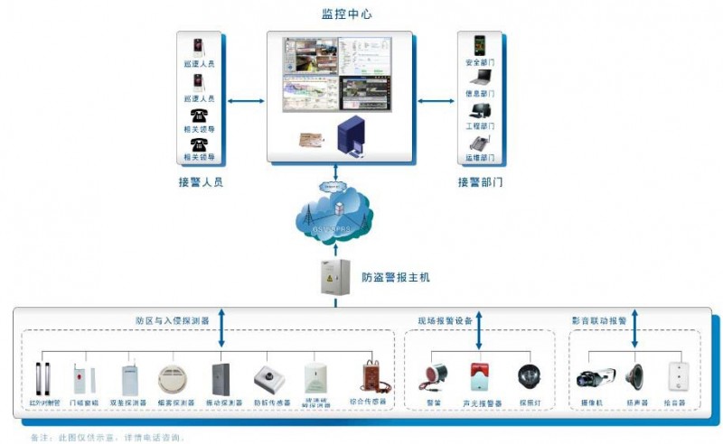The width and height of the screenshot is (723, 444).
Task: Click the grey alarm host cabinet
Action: click(x=334, y=277)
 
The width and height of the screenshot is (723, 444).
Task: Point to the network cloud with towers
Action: click(x=335, y=217)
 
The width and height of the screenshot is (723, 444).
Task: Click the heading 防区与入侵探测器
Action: click(x=173, y=320)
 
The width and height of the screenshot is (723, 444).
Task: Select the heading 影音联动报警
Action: click(x=598, y=320)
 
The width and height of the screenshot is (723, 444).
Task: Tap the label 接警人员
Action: click(x=201, y=181)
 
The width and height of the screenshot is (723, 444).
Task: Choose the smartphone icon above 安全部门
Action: click(x=479, y=46)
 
